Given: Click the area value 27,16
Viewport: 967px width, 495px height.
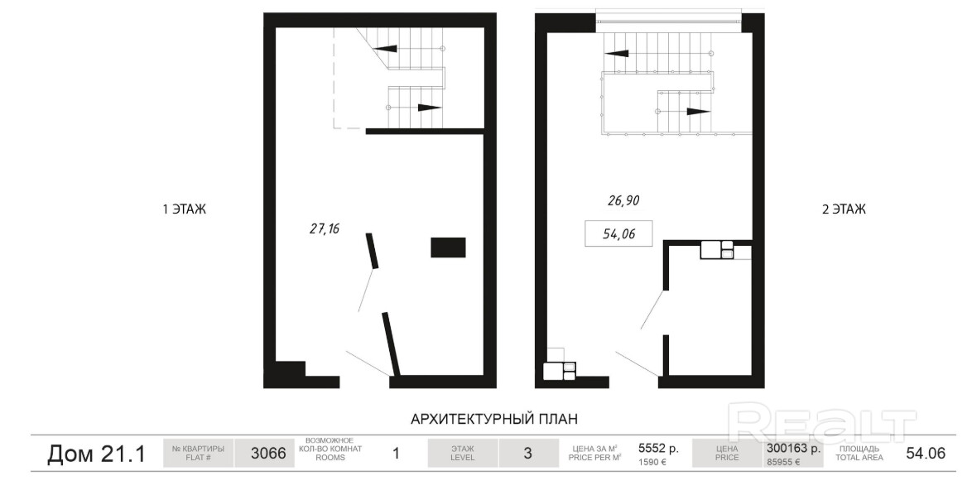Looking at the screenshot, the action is [x=325, y=228].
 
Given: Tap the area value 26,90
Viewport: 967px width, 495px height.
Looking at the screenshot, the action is [x=623, y=200].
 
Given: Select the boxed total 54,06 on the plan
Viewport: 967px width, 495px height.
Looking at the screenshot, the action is [x=618, y=233].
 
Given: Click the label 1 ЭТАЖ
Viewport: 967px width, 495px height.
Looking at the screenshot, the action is [x=185, y=209].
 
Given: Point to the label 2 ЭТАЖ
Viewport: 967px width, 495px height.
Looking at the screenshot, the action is [x=844, y=209].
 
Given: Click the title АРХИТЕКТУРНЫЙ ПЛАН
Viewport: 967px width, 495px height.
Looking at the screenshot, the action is [x=494, y=419].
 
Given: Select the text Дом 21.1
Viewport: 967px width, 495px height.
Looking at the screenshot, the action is [x=97, y=454].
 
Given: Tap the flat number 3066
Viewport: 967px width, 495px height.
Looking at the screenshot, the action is [x=268, y=454].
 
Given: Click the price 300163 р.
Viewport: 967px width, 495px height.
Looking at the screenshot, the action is [x=793, y=449].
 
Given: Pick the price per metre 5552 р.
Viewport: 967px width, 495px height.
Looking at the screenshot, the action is [x=659, y=449].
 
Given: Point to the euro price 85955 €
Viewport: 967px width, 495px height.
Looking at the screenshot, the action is [x=782, y=462].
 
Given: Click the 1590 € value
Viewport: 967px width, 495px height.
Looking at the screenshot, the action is [x=652, y=462].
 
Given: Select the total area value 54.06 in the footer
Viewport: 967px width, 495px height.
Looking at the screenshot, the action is [x=926, y=454].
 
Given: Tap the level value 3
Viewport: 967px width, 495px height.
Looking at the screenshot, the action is [x=527, y=454].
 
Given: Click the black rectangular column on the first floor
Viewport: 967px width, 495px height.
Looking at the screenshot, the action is [x=448, y=247].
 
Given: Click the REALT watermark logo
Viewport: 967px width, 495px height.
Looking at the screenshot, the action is [x=822, y=423].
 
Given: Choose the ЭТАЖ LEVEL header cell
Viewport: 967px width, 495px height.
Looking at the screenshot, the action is [x=463, y=453].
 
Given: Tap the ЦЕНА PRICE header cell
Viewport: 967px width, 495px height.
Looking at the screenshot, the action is [x=727, y=453].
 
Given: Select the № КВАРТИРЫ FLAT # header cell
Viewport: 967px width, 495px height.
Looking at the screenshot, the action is [x=198, y=453].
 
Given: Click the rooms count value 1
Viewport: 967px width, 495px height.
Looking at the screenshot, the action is [x=397, y=454].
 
